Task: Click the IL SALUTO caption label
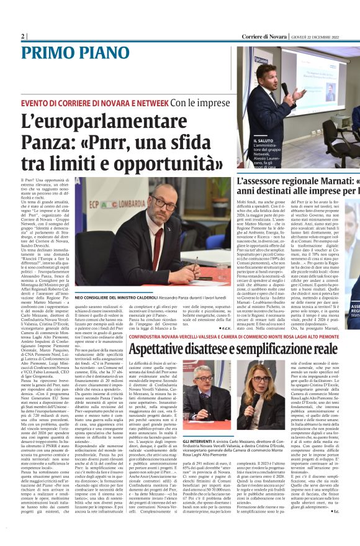tap(249, 141)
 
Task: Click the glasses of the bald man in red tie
tap(166, 205)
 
